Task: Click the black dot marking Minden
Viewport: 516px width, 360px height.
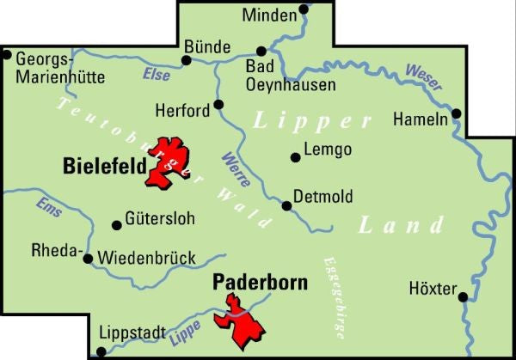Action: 304,10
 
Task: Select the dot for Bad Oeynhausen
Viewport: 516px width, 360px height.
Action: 262,51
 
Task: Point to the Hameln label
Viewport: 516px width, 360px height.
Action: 420,119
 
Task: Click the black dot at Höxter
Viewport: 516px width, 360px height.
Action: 463,297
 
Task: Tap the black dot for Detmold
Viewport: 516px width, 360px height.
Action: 287,204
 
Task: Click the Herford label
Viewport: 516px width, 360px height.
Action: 181,111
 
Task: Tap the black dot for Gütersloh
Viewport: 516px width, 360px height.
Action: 117,225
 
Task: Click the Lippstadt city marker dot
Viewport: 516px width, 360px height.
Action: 101,351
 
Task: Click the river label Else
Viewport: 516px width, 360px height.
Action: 157,74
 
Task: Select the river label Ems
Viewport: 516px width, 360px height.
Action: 49,207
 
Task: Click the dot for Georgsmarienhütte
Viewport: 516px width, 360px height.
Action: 7,56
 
